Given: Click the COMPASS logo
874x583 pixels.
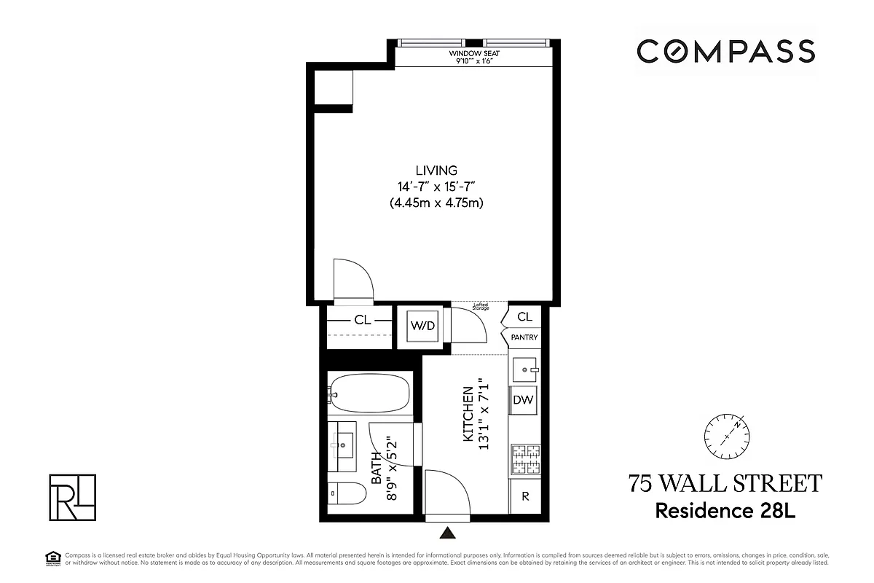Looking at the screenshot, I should [x=725, y=51].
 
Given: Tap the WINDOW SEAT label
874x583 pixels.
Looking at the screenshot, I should [x=474, y=54].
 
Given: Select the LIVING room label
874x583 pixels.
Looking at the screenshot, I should [x=437, y=171].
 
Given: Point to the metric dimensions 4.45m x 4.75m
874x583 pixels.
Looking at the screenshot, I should [x=437, y=203].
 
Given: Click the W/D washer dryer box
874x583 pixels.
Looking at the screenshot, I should [x=422, y=326].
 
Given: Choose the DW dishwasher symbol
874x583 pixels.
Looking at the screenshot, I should [x=524, y=399].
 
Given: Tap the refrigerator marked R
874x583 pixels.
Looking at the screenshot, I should [x=524, y=496].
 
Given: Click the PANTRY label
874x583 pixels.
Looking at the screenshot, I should [x=524, y=337].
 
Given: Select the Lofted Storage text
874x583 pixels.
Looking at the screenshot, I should [x=481, y=307].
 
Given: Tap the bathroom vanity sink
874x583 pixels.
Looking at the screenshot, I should [x=342, y=442].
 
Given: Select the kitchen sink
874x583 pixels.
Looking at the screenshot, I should [x=524, y=370].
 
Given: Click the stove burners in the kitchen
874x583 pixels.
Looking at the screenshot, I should [x=524, y=459].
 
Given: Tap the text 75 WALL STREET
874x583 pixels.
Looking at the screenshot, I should [x=725, y=484].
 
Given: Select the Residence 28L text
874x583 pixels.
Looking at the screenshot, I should [x=725, y=510].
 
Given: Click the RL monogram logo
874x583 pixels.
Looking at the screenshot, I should [x=72, y=498].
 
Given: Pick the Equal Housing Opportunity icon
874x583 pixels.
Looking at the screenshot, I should [x=50, y=558].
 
